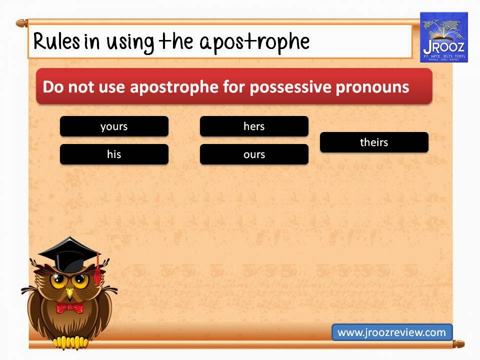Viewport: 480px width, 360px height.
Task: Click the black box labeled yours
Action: [x=114, y=126]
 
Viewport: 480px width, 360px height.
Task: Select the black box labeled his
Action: [x=114, y=154]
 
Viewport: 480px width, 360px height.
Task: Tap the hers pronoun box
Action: [x=254, y=126]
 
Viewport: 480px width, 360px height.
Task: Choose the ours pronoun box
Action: [x=254, y=154]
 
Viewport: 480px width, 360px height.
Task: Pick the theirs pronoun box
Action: [x=374, y=142]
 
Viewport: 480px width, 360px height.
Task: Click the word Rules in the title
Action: [x=56, y=42]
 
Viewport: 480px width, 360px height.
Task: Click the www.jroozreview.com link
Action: [x=391, y=332]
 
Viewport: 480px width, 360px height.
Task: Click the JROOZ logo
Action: [x=443, y=37]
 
